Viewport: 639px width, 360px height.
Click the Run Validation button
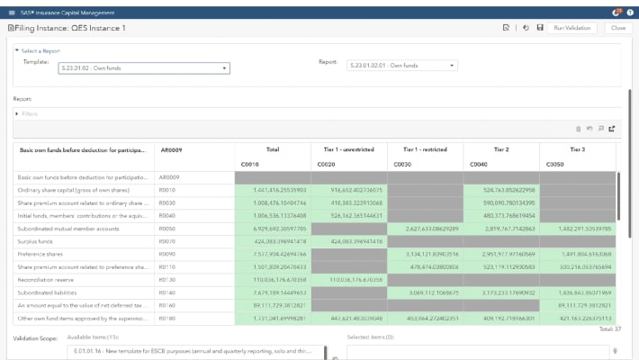571,28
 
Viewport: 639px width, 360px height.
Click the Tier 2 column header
500,148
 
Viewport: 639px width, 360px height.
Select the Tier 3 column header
577,148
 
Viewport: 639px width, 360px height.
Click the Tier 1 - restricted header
425,148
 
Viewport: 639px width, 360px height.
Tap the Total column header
272,148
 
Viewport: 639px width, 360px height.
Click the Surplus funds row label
40,242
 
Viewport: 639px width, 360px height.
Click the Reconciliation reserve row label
49,280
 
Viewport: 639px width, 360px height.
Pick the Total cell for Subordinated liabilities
272,293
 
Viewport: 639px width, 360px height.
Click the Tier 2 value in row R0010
500,190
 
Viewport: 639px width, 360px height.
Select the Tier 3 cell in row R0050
577,229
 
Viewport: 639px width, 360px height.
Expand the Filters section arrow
16,113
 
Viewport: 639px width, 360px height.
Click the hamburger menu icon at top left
11,11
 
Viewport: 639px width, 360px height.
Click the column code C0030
402,166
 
